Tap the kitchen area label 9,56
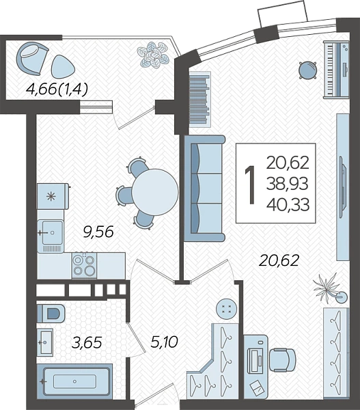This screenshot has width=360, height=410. (98, 232)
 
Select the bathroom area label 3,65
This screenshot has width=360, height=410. (87, 342)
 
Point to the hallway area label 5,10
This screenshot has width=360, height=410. (164, 342)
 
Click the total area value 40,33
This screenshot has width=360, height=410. (288, 204)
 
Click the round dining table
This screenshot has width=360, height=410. (155, 192)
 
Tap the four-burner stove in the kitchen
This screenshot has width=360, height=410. (84, 265)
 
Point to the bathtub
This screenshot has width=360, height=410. (74, 381)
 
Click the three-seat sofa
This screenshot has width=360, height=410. (204, 188)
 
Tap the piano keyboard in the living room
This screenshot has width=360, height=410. (337, 70)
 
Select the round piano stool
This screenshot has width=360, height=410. (308, 70)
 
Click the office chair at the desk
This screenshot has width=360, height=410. (282, 359)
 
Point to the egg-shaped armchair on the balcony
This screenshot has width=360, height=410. (32, 59)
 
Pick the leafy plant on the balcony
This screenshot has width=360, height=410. (153, 55)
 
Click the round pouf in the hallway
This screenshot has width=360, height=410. (226, 309)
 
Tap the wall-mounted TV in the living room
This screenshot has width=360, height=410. (343, 187)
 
